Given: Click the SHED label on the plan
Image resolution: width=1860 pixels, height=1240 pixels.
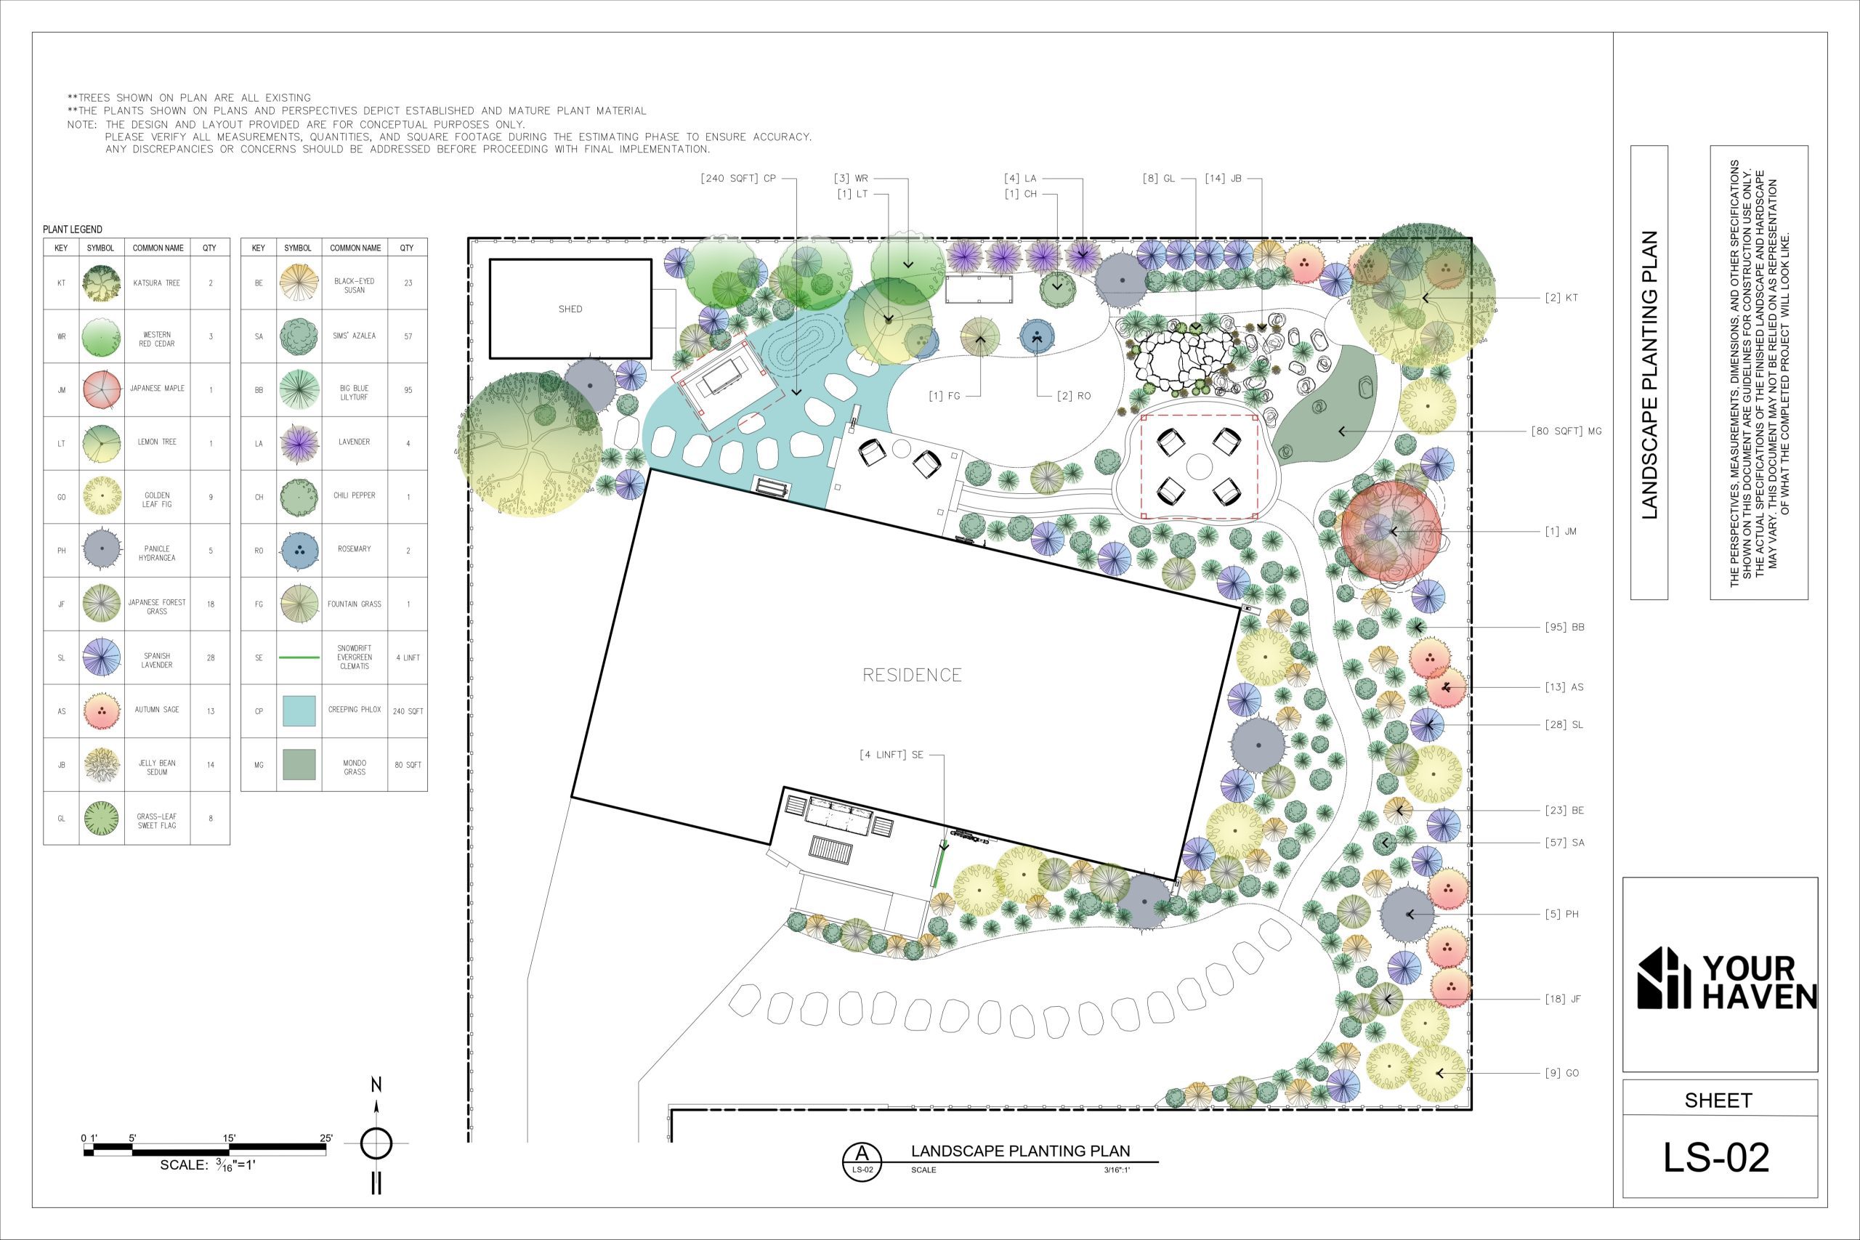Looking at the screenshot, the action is pos(570,309).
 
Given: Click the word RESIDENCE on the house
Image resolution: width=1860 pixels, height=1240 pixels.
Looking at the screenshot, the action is pos(912,675).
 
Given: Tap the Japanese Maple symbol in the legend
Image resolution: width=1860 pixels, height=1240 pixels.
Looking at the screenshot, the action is pos(101,390).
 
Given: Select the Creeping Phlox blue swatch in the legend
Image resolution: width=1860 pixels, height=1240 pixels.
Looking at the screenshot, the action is pos(299,711).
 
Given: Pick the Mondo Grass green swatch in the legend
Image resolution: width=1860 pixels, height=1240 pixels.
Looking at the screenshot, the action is pos(299,765).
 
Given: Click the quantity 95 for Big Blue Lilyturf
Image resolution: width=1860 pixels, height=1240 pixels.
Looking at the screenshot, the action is pos(408,390).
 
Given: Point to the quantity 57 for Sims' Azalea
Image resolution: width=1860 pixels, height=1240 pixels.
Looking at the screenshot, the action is pos(408,336).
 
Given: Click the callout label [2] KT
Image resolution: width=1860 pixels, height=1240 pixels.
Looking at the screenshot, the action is pos(1561,298).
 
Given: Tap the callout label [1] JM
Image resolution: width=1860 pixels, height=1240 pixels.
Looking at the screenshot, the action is pos(1561,532).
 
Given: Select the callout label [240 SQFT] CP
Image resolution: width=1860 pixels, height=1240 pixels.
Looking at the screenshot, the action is pos(738,178).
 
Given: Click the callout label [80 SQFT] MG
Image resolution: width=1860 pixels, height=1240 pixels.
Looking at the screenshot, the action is pos(1566,431).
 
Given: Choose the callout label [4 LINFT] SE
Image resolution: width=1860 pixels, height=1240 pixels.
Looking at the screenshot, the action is pos(891,755).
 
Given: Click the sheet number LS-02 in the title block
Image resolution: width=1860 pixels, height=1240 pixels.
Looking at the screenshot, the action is pos(1716,1158).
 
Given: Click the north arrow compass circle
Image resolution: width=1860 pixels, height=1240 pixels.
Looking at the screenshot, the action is pos(376,1143).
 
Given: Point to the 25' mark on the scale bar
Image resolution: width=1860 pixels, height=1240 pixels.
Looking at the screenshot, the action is pos(325,1139).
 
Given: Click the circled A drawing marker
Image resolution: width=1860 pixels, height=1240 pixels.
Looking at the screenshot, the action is pos(862,1161).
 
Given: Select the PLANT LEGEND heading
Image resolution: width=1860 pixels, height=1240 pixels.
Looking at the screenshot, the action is pos(73,230).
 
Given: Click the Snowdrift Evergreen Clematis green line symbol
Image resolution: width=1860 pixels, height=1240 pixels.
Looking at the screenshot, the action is pos(299,657).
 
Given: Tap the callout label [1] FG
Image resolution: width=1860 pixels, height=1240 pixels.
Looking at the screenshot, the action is pos(945,395).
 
